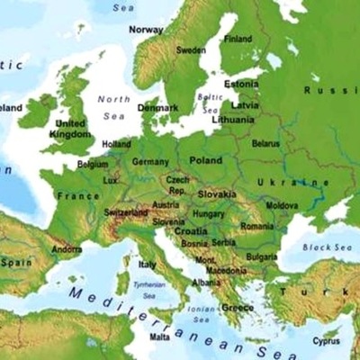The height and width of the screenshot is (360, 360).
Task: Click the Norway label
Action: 146,29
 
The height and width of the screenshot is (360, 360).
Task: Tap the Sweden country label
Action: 191,50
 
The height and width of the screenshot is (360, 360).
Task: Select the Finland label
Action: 238,40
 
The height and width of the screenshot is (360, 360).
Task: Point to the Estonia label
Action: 241,84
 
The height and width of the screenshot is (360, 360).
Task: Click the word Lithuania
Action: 233,119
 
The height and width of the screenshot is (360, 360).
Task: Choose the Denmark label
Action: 157,108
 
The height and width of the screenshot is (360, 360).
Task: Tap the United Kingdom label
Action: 71,129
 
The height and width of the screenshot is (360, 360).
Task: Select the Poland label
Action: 205,159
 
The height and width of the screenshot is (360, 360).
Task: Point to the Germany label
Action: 150,162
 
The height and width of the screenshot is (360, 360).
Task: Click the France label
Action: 77,195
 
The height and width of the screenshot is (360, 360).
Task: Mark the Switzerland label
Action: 126,212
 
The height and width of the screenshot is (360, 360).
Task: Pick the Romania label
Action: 256,227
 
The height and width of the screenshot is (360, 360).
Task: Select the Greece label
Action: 238,307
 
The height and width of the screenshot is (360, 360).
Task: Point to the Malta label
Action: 159,337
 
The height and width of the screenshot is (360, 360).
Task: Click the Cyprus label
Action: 327,341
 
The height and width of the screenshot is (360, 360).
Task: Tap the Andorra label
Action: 67,249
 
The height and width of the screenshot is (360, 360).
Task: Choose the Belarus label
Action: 265,144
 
